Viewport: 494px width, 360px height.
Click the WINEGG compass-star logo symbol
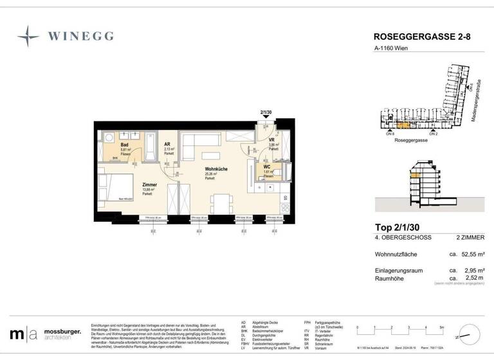28,36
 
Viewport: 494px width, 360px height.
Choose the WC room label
266,167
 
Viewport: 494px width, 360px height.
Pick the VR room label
272,140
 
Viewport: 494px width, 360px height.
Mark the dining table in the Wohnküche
219,202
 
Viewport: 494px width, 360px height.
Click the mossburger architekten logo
45,334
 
